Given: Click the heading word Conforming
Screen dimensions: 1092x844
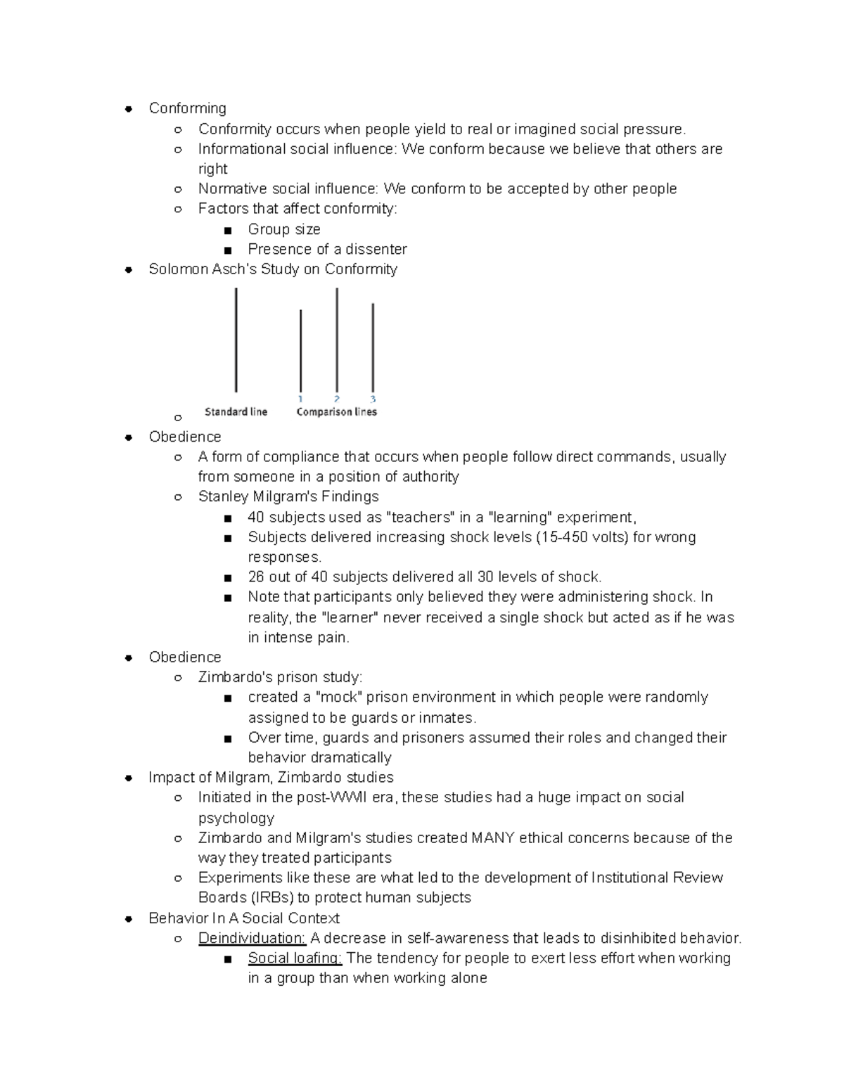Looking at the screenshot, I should [187, 108].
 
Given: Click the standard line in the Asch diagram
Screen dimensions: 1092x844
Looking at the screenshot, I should [236, 340].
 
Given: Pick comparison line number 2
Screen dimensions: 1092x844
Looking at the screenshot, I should [337, 340].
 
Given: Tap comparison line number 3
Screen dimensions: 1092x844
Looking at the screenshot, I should [373, 347].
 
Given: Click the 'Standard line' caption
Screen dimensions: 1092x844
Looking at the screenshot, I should [236, 412].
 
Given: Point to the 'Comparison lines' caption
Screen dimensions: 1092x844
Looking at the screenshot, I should [336, 412].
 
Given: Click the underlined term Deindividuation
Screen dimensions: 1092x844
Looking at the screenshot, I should [252, 938].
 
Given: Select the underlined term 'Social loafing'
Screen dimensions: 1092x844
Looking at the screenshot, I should [295, 958].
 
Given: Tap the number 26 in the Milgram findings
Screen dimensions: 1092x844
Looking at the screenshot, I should [256, 577].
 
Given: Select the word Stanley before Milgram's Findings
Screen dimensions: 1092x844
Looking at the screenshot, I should [222, 497].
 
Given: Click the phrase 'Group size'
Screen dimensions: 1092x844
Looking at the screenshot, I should [283, 229].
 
